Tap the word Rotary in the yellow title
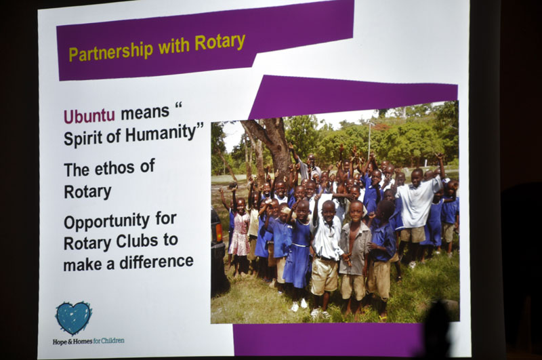tap(220, 42)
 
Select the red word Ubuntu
tap(89, 116)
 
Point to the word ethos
tap(114, 168)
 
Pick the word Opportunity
tap(107, 222)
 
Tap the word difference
tap(157, 262)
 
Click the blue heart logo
tap(73, 318)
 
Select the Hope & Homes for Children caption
tap(88, 341)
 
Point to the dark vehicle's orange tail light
tap(218, 233)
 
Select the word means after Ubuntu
tap(145, 113)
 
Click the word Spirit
tap(83, 138)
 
